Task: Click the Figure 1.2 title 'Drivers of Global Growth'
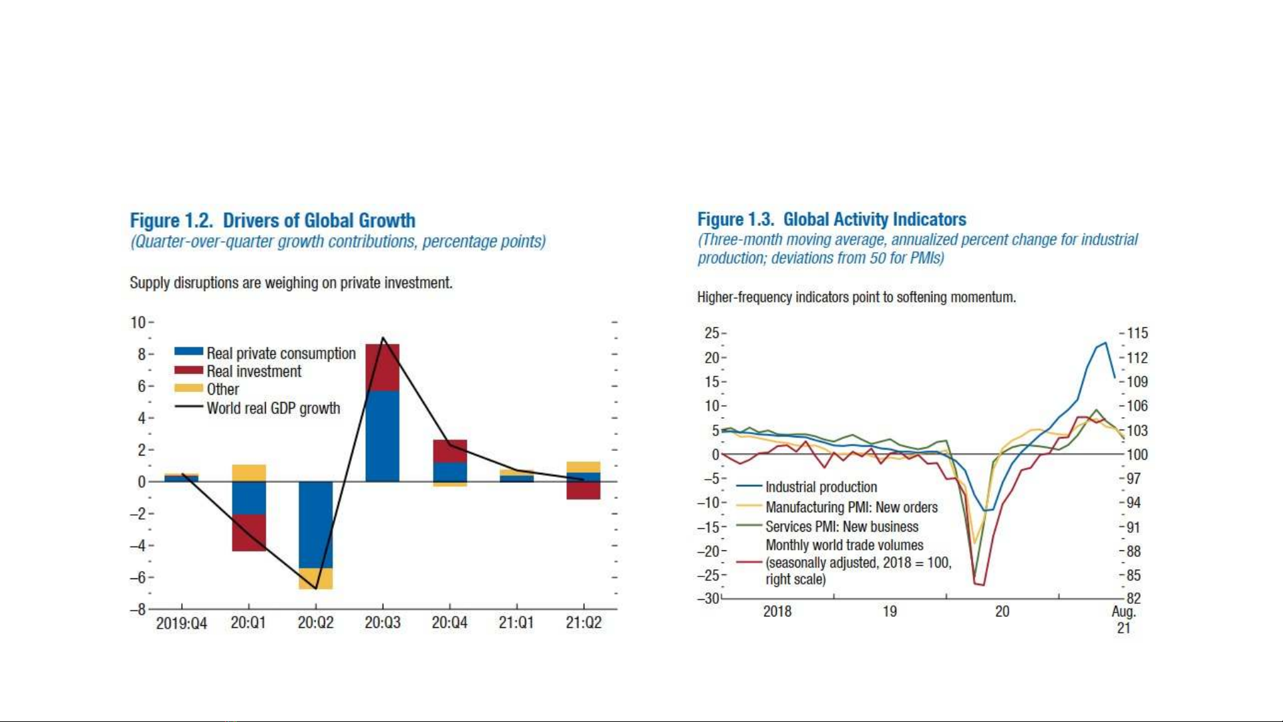[x=319, y=220]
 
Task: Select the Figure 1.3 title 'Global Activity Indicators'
[x=875, y=219]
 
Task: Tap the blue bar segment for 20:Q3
[x=383, y=436]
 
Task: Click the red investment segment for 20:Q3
[x=383, y=367]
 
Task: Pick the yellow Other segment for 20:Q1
[x=249, y=473]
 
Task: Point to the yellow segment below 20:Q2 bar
[x=316, y=578]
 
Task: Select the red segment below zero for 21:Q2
[x=584, y=490]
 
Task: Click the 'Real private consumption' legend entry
[x=265, y=353]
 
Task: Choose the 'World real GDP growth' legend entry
[x=257, y=408]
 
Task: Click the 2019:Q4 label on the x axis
[x=182, y=623]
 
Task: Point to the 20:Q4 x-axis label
[x=449, y=622]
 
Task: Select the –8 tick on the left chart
[x=138, y=609]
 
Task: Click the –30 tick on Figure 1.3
[x=709, y=598]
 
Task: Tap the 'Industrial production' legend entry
[x=807, y=487]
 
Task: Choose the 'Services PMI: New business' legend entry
[x=828, y=526]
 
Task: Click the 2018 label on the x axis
[x=777, y=611]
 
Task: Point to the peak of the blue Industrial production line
[x=1105, y=343]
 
